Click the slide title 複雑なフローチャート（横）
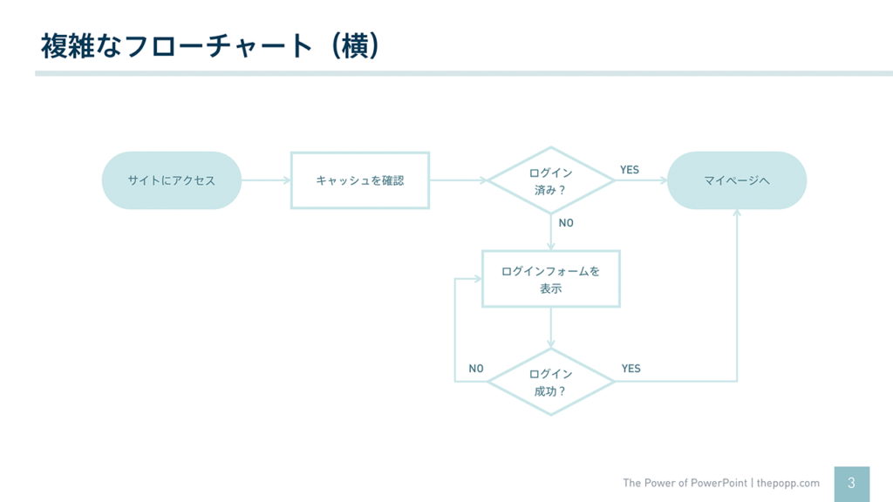click(210, 45)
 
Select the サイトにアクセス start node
click(171, 180)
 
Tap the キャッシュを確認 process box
click(359, 180)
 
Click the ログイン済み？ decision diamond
click(550, 180)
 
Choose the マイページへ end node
click(737, 180)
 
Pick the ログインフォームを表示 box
click(550, 279)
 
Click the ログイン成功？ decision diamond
click(550, 382)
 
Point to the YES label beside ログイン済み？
click(630, 170)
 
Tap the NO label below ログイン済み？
click(566, 223)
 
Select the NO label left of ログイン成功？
click(475, 369)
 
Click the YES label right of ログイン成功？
click(631, 369)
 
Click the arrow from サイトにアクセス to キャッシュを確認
click(265, 180)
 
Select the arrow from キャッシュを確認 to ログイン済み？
click(458, 180)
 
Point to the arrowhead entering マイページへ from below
click(737, 214)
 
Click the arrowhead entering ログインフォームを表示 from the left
click(476, 280)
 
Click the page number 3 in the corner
click(851, 483)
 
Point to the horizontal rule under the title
click(463, 73)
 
